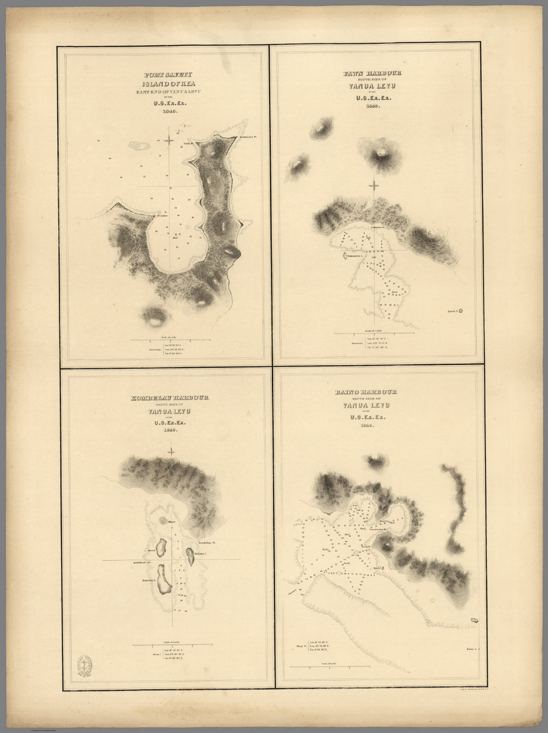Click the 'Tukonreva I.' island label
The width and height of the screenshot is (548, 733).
pos(355,256)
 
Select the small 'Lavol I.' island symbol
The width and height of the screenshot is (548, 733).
pos(462,311)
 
